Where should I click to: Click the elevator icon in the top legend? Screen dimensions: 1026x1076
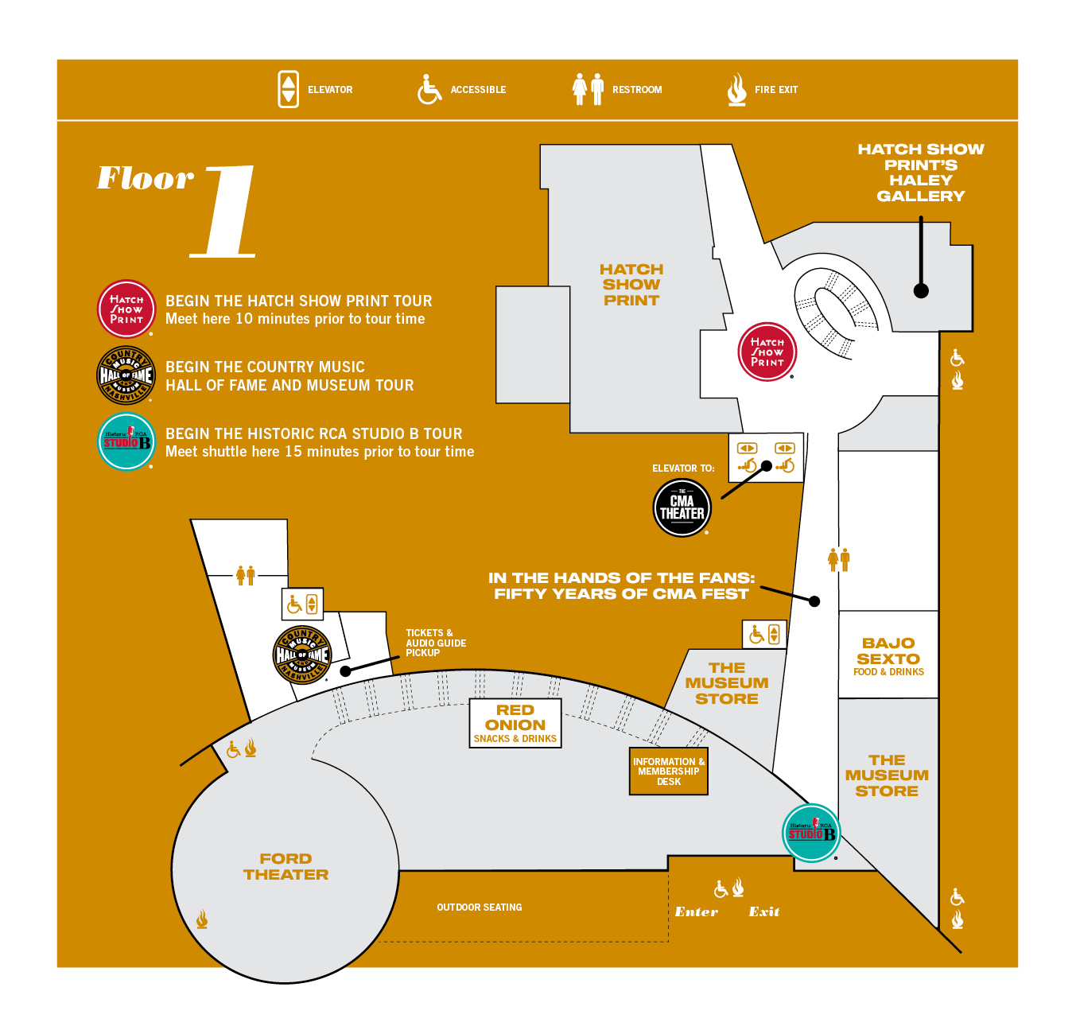click(288, 89)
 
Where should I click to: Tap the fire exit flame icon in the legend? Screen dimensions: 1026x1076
click(736, 89)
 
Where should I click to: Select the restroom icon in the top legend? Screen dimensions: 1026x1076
click(588, 89)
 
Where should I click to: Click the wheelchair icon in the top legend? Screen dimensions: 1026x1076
click(429, 89)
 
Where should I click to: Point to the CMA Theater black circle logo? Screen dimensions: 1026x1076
click(682, 508)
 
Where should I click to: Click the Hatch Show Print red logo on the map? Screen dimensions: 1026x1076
click(767, 352)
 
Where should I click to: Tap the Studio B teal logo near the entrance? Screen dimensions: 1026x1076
click(811, 833)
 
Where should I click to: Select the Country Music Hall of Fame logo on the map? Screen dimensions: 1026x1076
click(301, 655)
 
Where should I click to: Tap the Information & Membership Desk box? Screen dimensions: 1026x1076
click(669, 771)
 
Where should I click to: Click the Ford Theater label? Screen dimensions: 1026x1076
click(286, 867)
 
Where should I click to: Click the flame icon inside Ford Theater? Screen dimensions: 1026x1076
click(202, 920)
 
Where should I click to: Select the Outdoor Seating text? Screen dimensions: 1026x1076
click(480, 907)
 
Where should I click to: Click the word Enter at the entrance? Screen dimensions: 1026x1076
click(696, 912)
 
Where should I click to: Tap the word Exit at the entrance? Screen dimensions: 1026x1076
click(763, 912)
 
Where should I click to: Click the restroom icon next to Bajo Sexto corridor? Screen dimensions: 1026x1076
click(838, 559)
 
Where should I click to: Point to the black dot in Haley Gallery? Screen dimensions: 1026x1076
click(921, 290)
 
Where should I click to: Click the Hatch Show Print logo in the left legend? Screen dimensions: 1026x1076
click(126, 309)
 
